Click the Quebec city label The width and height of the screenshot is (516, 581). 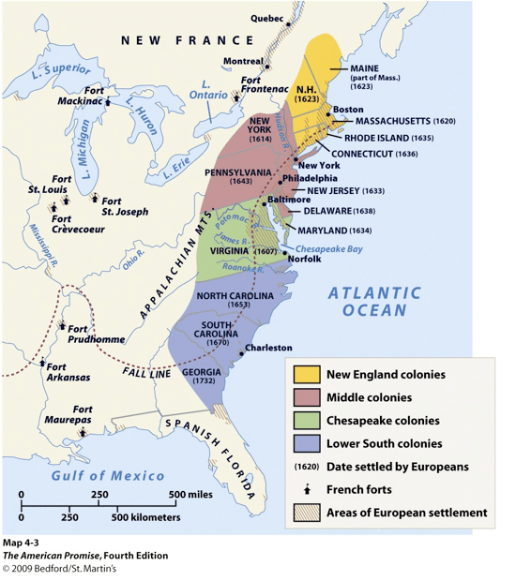[266, 18]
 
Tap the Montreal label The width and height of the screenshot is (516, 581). [243, 61]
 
